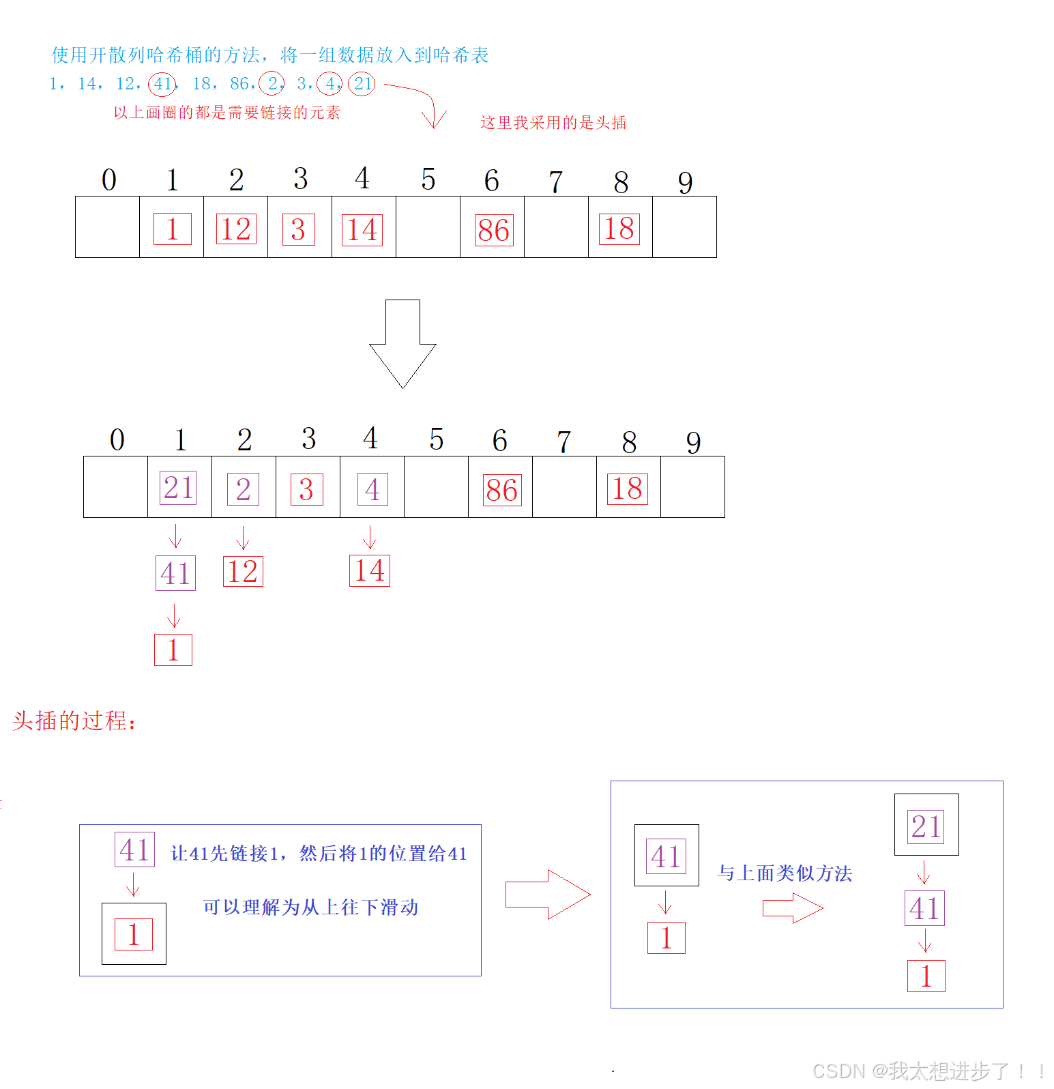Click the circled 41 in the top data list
[x=162, y=84]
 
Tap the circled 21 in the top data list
[x=362, y=84]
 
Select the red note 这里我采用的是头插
[x=553, y=123]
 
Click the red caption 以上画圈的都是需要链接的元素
[x=226, y=113]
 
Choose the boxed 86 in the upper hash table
[x=493, y=230]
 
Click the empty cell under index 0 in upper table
[x=107, y=227]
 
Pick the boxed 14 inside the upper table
[x=362, y=230]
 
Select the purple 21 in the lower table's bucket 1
[x=178, y=488]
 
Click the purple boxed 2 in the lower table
[x=243, y=489]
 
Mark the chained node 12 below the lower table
[x=243, y=572]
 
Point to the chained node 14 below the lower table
[x=369, y=570]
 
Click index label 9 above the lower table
[x=693, y=442]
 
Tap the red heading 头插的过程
[x=74, y=721]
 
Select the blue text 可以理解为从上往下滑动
[x=310, y=907]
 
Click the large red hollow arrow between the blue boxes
[x=548, y=895]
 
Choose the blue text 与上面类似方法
[x=785, y=873]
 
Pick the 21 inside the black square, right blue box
[x=926, y=826]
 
